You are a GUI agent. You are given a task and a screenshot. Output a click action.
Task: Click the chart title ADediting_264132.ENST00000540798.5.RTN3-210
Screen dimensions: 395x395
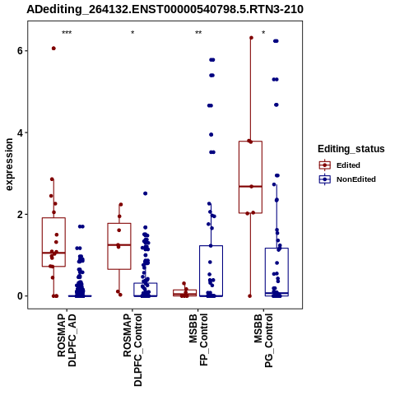pos(165,10)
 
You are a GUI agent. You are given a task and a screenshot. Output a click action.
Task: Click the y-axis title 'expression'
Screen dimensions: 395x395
pos(9,165)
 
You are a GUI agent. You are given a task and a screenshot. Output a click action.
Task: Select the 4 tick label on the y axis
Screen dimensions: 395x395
pos(20,132)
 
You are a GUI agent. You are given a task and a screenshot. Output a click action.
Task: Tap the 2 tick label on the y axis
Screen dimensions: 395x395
pos(20,214)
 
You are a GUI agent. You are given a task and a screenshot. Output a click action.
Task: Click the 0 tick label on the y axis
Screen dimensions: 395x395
pos(20,296)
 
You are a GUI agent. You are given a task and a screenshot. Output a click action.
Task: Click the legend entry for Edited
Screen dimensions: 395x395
pos(339,165)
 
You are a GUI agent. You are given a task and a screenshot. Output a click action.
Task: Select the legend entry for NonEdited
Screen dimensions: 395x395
pos(347,179)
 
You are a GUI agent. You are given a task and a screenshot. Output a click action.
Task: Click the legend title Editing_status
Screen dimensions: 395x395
pos(351,149)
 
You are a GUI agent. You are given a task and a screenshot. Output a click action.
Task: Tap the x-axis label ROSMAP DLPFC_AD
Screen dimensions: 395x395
pos(67,340)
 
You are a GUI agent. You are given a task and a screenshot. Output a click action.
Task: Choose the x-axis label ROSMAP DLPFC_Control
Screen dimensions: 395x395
pos(132,350)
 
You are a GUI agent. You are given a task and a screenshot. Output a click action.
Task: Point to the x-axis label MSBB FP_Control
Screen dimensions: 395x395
pos(198,340)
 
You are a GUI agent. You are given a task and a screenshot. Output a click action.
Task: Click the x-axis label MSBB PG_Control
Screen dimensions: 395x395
pos(263,341)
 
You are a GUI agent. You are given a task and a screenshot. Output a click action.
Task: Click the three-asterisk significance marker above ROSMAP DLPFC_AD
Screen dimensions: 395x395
pos(67,33)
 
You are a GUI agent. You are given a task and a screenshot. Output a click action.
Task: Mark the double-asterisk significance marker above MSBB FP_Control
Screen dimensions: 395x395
pos(198,33)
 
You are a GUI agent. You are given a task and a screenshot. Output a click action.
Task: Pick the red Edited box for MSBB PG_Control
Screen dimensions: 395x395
pos(250,177)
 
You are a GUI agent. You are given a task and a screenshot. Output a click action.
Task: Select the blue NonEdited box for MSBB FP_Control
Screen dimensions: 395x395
pos(211,271)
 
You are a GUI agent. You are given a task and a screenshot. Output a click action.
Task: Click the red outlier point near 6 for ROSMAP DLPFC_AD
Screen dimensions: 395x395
pos(53,49)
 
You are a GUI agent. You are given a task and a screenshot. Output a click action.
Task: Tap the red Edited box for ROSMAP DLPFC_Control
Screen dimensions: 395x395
pos(119,246)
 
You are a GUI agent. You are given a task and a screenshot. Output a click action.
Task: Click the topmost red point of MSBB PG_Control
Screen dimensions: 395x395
pos(251,38)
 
